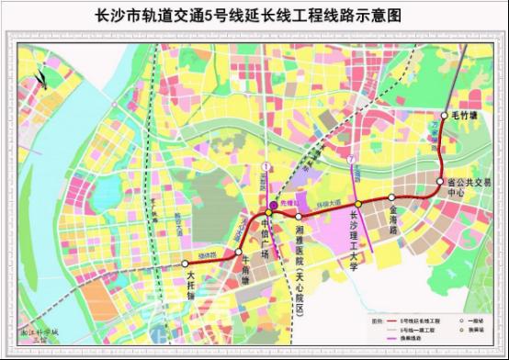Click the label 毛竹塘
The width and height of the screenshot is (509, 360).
[466, 117]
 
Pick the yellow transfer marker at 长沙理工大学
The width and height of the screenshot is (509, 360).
[358, 204]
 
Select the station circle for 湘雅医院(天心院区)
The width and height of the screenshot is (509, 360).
[299, 215]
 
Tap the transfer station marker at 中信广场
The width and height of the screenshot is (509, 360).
[268, 214]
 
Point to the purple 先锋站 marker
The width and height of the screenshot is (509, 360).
[272, 205]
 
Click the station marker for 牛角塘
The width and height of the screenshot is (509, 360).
[237, 251]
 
